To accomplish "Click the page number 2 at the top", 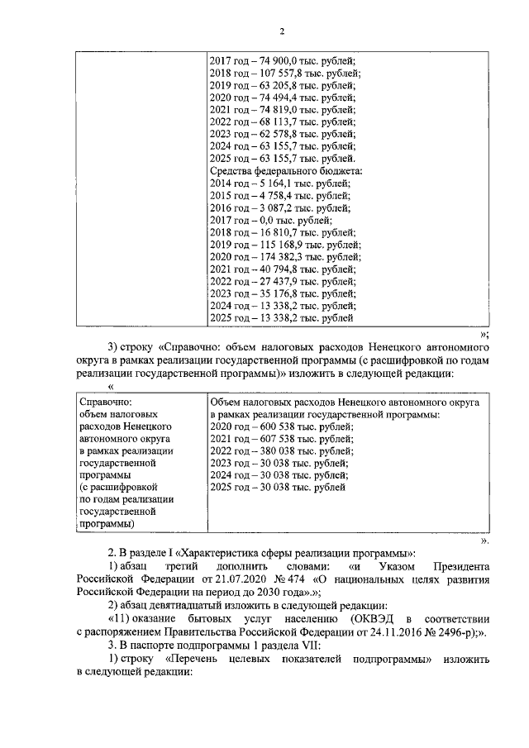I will click(x=281, y=32).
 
